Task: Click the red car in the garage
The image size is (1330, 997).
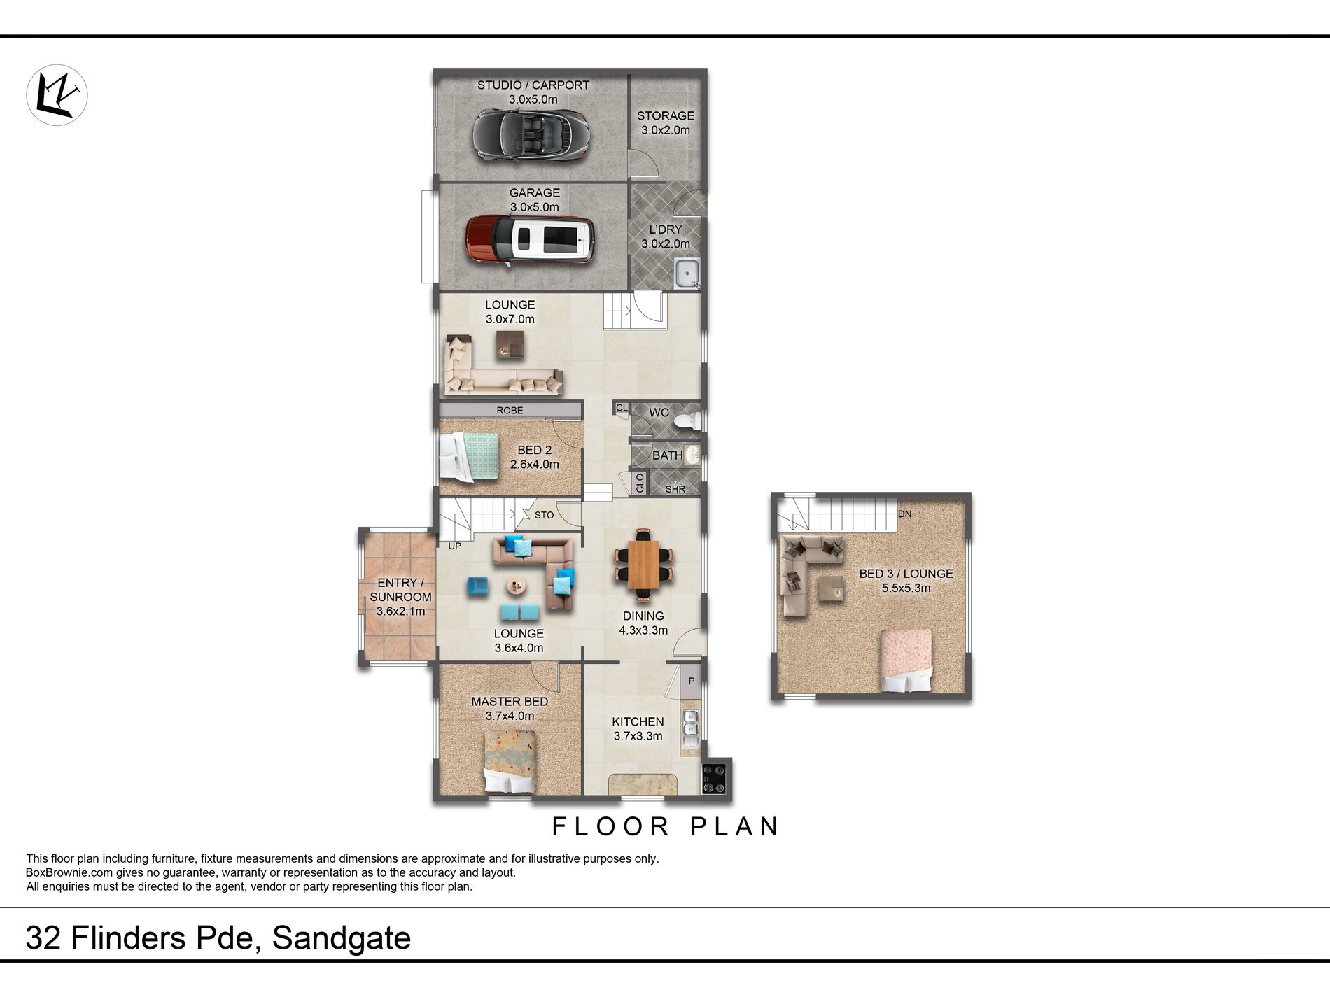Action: click(530, 239)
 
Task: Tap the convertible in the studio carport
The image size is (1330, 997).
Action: click(530, 135)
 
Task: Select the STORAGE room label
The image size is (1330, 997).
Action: click(666, 116)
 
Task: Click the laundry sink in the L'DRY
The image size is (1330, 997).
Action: click(687, 274)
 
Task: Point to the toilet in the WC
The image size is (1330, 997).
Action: click(687, 420)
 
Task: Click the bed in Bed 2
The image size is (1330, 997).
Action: click(469, 457)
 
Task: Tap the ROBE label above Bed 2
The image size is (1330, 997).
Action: click(510, 411)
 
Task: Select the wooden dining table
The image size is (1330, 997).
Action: click(643, 565)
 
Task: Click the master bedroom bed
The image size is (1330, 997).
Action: click(510, 762)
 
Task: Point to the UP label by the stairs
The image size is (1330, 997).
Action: click(455, 546)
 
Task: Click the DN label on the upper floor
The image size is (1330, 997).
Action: click(904, 514)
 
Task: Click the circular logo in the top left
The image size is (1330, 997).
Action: click(57, 95)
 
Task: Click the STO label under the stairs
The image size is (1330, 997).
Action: click(544, 515)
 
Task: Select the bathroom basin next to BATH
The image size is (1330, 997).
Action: click(692, 455)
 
